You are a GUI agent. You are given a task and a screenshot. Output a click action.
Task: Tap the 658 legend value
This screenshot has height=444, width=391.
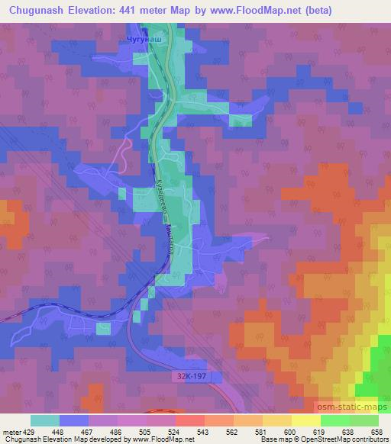pyautogui.click(x=378, y=431)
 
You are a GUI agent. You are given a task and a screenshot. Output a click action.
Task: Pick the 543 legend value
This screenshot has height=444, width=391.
pyautogui.click(x=203, y=431)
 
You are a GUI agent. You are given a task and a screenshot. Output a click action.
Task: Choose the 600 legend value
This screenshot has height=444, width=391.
pyautogui.click(x=291, y=431)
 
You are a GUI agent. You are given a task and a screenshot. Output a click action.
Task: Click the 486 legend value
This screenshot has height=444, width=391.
pyautogui.click(x=116, y=431)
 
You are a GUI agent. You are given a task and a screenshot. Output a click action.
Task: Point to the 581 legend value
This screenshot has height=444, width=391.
pyautogui.click(x=262, y=431)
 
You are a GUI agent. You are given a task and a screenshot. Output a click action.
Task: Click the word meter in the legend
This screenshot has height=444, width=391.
pyautogui.click(x=11, y=431)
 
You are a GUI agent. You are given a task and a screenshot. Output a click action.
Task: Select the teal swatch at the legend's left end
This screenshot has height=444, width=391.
pyautogui.click(x=44, y=420)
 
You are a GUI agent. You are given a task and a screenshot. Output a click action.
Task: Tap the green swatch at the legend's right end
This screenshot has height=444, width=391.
pyautogui.click(x=364, y=420)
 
